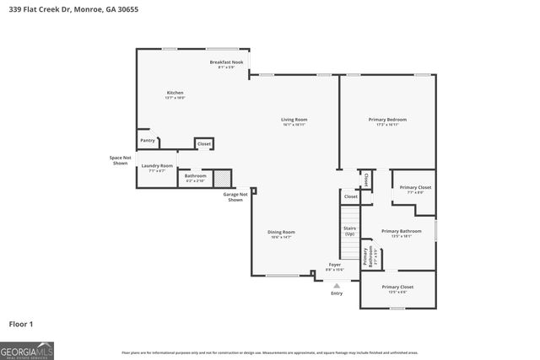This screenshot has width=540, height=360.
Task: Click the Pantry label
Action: [x=147, y=141]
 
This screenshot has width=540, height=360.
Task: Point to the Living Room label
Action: [x=294, y=121]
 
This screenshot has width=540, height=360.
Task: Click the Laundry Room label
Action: [x=157, y=167]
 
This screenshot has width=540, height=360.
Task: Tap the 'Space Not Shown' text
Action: [x=121, y=160]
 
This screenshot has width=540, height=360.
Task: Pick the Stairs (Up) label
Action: [x=349, y=230]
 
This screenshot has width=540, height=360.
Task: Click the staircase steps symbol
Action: [x=349, y=249]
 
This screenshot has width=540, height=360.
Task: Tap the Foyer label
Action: [x=336, y=266]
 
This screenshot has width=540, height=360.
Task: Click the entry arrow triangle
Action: [x=336, y=286]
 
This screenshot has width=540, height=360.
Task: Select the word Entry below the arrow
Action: [x=337, y=293]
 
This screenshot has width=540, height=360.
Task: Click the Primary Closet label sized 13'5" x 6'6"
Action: [x=397, y=288]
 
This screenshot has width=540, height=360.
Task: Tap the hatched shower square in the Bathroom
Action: [x=221, y=178]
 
